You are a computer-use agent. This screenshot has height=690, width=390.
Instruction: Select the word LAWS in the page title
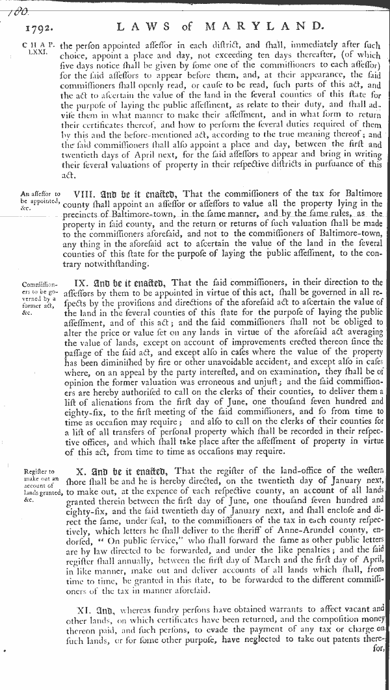(x=144, y=27)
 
